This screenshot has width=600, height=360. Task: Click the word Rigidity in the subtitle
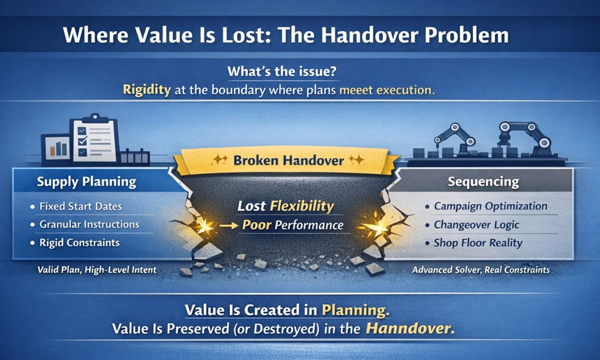146,89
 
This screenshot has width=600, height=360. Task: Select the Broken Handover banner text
288,160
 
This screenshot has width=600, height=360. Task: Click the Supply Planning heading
86,182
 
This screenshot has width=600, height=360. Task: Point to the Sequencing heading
483,182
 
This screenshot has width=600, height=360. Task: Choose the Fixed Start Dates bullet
80,206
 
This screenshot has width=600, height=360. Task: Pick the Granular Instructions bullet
89,224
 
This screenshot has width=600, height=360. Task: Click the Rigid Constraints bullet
79,243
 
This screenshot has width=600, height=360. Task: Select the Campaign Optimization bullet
490,206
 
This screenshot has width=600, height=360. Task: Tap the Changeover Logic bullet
476,225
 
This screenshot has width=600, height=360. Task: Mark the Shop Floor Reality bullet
478,243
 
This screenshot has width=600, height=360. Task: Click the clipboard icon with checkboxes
94,140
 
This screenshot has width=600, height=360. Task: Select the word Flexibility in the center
302,206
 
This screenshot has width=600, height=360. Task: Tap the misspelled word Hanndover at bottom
410,329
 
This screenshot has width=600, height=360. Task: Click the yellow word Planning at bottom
355,310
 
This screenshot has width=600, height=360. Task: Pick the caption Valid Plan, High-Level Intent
97,270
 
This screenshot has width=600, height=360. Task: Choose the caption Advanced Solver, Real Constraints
481,270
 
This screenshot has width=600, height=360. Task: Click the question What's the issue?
282,72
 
